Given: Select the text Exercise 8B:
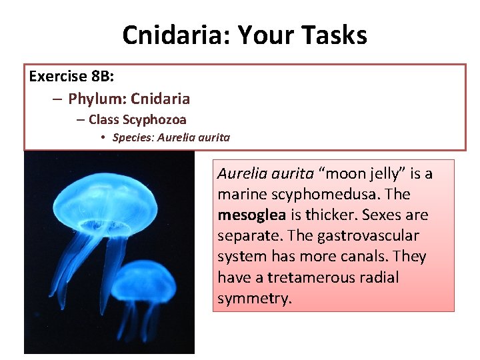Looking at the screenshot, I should click(x=67, y=76).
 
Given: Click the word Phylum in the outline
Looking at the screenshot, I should click(x=97, y=99).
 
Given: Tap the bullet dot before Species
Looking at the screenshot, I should click(x=104, y=138).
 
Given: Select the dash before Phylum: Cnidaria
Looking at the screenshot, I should click(x=57, y=99).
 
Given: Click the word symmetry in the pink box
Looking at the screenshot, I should click(x=254, y=298).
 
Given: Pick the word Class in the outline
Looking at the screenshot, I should click(x=103, y=120).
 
